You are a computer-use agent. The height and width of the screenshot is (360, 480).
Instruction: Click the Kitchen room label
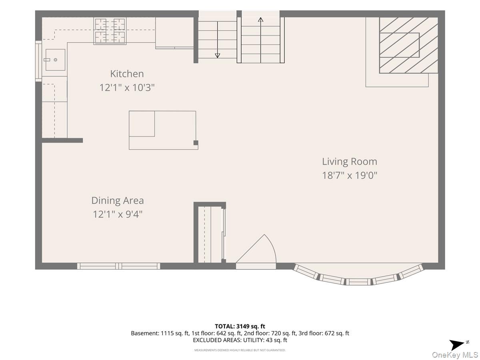click(127, 74)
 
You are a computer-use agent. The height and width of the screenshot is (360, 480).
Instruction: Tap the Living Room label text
click(350, 162)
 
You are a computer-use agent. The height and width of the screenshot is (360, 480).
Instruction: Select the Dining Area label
click(118, 200)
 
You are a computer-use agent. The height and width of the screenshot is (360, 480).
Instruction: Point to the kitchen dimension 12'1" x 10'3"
click(127, 88)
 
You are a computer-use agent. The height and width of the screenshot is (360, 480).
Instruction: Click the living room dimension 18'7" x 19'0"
click(350, 175)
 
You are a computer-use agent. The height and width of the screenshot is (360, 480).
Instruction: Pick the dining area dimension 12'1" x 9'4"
click(118, 214)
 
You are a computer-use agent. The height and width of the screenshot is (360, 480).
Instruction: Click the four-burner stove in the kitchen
click(110, 31)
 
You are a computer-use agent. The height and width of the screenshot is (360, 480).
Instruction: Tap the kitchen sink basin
click(55, 60)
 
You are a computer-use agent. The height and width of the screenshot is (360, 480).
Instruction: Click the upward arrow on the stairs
click(260, 40)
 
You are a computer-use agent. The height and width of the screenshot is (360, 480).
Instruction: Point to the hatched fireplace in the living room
click(408, 45)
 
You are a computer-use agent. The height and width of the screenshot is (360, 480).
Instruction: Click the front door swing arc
click(272, 246)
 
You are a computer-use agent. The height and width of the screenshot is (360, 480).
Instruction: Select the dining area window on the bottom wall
click(118, 266)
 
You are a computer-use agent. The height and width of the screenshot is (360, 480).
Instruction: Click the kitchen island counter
click(163, 130)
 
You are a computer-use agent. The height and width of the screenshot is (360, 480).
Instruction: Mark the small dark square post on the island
click(196, 143)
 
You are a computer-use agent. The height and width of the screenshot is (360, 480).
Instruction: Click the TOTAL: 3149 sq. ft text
click(240, 326)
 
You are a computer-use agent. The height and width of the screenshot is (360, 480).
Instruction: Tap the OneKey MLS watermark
click(455, 354)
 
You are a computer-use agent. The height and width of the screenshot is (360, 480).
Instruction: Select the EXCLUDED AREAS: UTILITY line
click(240, 340)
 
